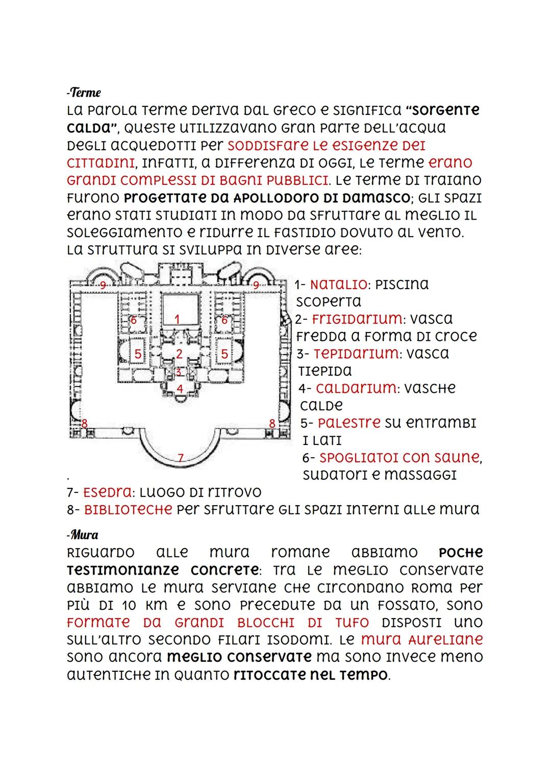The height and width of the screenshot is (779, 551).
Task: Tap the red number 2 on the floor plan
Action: pos(179,353)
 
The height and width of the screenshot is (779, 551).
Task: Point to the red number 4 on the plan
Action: pos(180,388)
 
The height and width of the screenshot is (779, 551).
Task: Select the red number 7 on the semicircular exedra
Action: pos(181,457)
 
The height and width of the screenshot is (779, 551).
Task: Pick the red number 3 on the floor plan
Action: pos(179,372)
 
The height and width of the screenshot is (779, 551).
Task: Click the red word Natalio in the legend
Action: pos(338,285)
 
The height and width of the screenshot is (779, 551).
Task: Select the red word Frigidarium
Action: pos(356,319)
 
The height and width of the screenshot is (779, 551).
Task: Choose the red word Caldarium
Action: pos(356,388)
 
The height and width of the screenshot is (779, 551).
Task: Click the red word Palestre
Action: pos(349,423)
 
